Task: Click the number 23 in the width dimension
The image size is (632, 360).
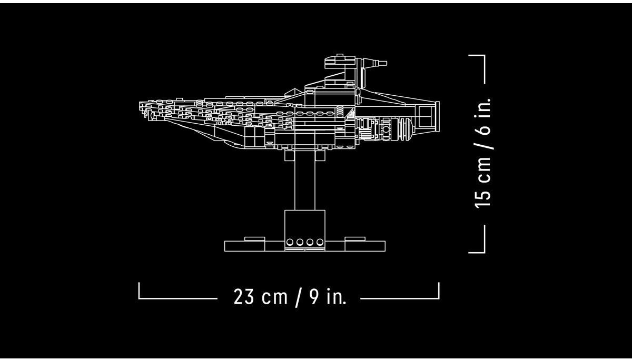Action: click(243, 296)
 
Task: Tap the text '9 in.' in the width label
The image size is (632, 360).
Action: click(328, 296)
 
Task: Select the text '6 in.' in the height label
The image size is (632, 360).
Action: click(483, 117)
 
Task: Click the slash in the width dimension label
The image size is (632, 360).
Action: click(298, 297)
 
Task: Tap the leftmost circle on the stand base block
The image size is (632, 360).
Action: click(290, 242)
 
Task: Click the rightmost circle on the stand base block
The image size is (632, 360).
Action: click(320, 242)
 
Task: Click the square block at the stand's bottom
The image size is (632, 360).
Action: click(305, 231)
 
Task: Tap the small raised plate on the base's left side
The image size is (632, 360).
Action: click(254, 239)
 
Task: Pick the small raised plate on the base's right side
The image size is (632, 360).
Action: click(355, 239)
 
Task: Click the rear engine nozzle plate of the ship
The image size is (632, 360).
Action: click(438, 116)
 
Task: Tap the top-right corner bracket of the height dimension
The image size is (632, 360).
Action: click(485, 56)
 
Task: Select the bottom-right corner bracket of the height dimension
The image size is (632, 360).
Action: click(485, 252)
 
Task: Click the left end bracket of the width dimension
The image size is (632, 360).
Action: click(139, 298)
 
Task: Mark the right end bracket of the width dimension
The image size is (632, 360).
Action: click(439, 298)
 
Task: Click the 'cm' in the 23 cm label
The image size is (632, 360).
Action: click(274, 298)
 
